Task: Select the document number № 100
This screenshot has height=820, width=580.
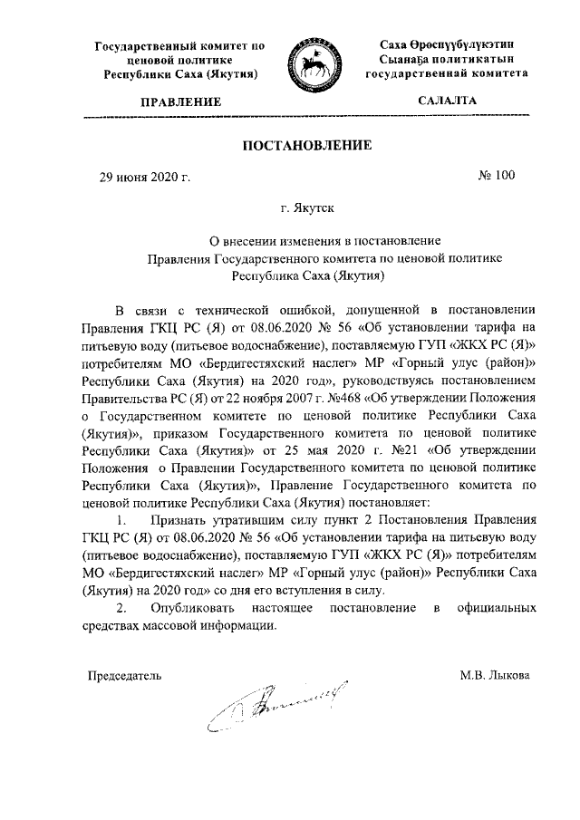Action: (496, 176)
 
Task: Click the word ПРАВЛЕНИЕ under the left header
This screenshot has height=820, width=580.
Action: (179, 103)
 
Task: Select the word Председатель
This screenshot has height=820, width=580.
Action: (123, 675)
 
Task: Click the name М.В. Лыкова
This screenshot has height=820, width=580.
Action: (495, 675)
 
